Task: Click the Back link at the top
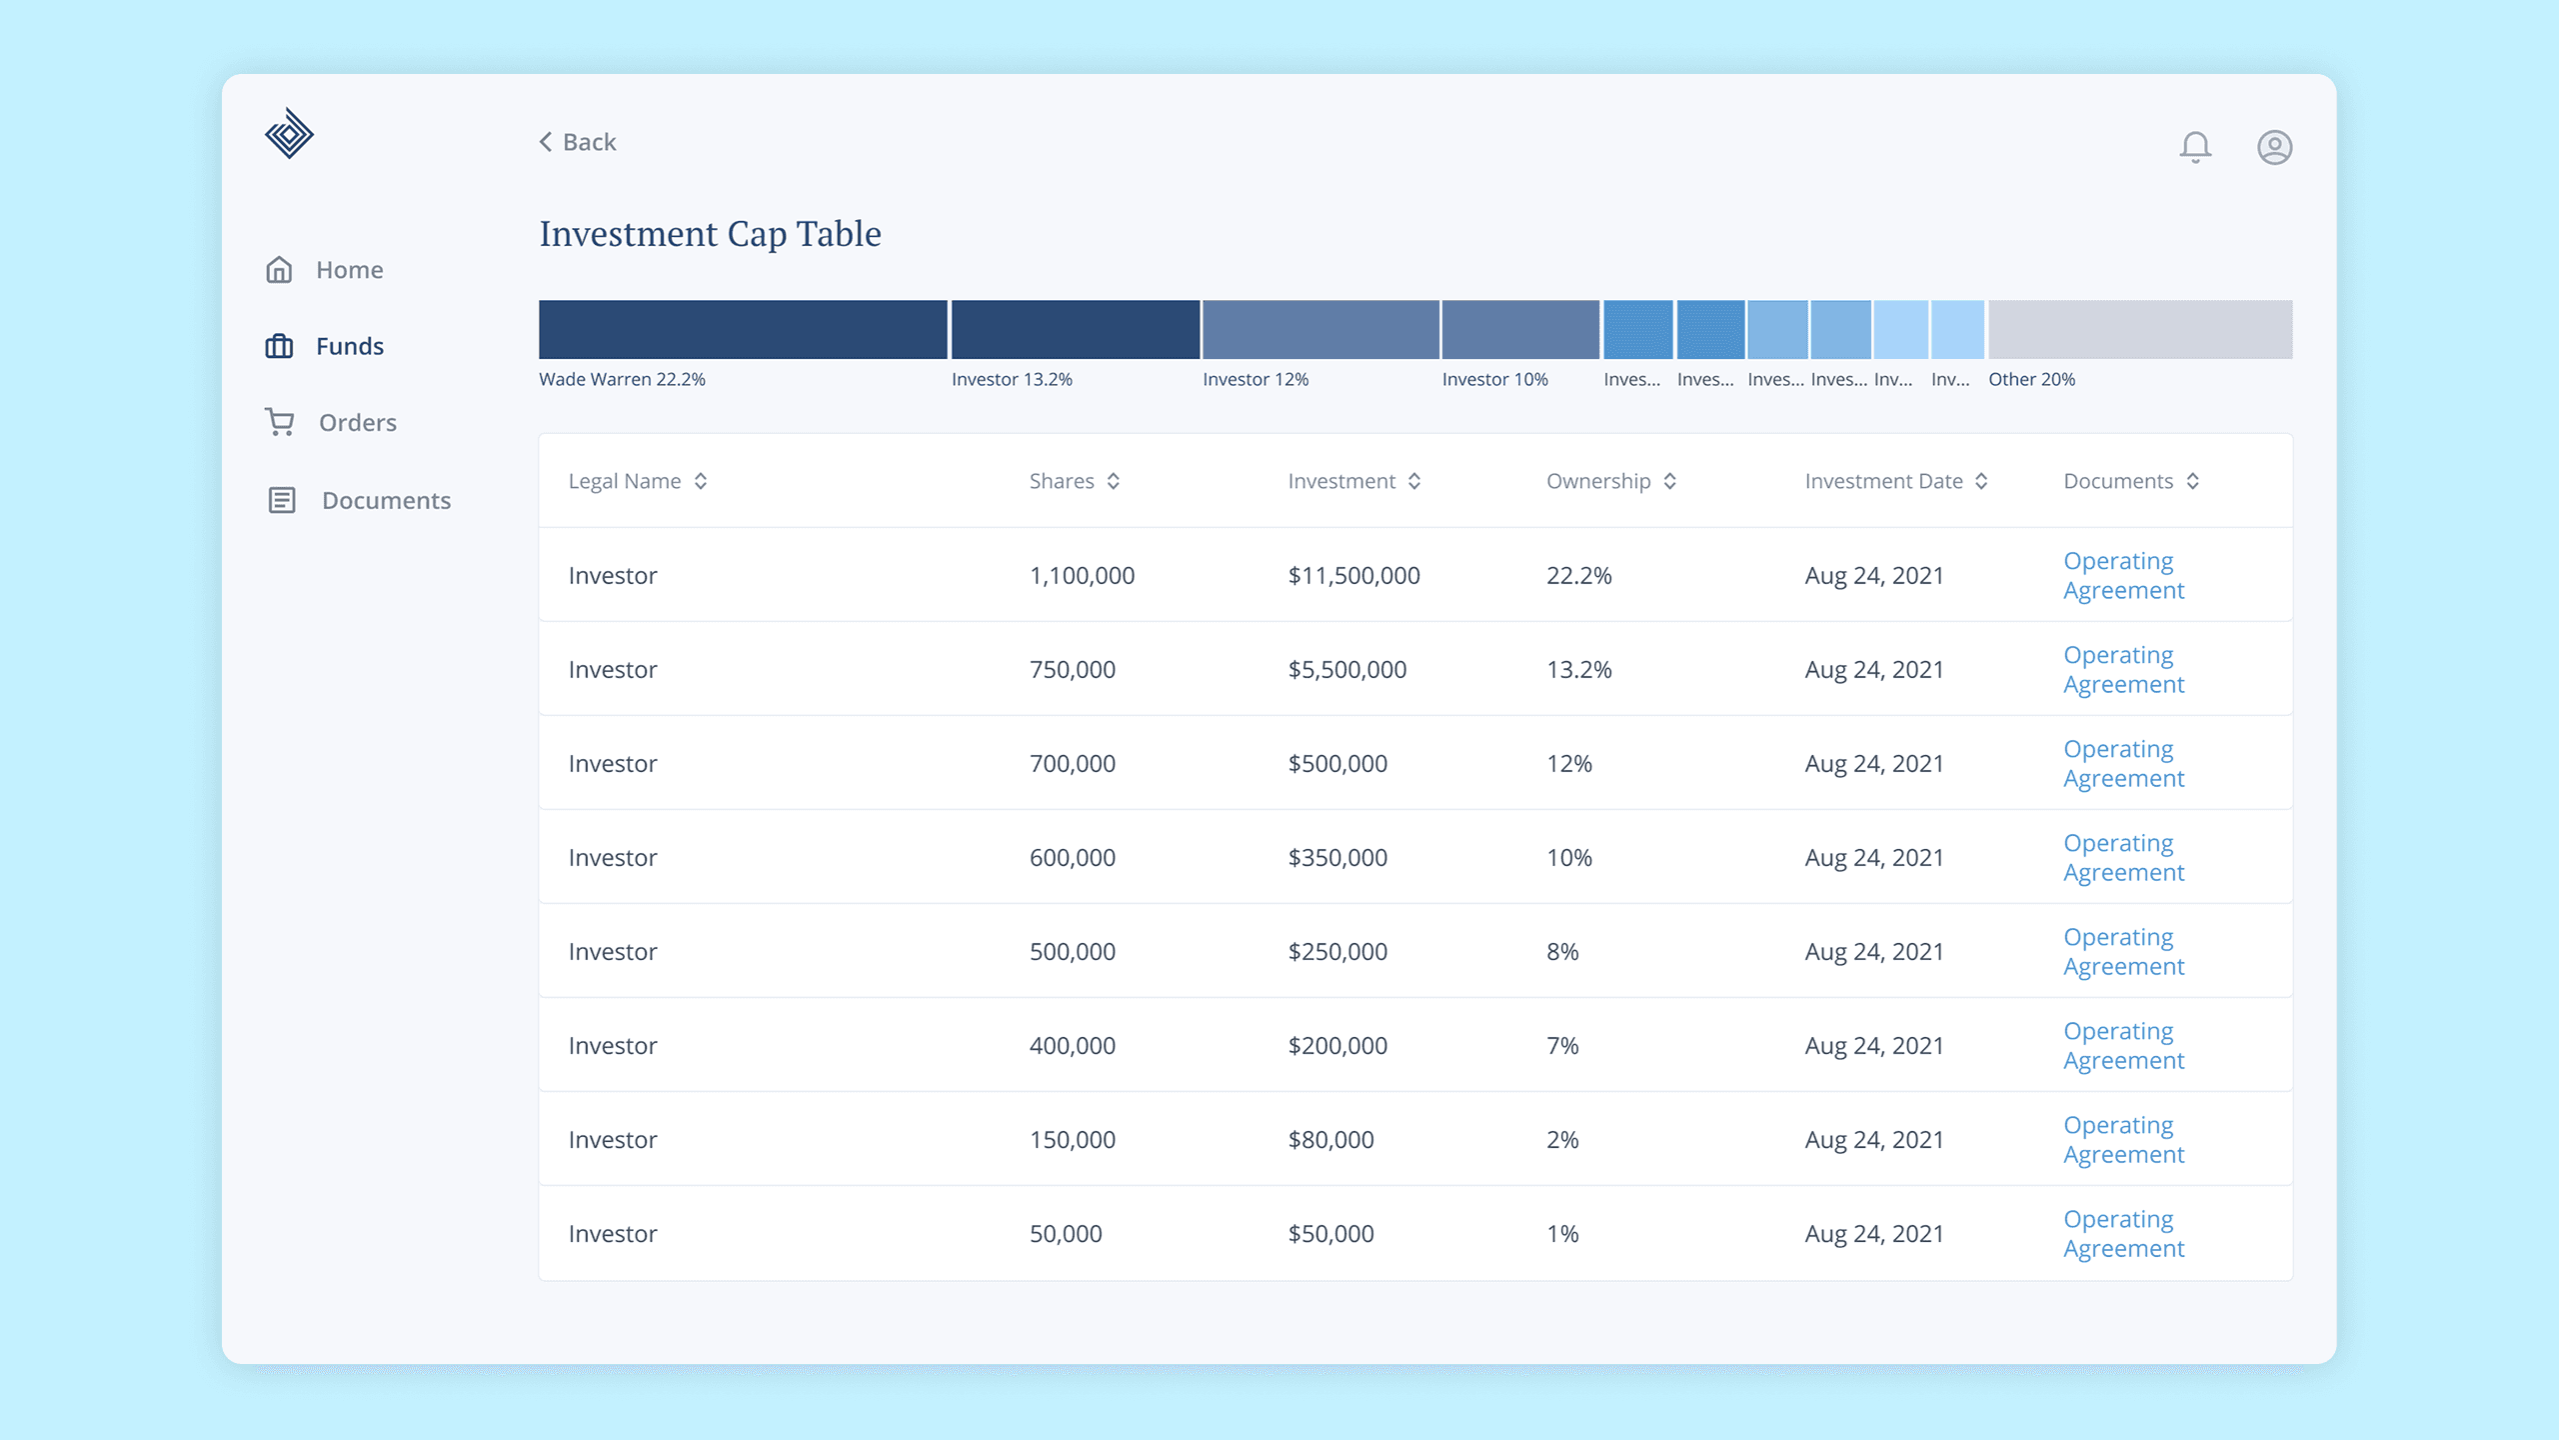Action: (578, 142)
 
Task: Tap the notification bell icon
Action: (2195, 147)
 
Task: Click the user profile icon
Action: (2274, 147)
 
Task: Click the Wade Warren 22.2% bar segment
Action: (743, 329)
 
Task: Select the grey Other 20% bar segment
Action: (2139, 329)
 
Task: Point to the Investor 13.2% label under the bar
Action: (1012, 380)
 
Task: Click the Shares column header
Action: (1062, 481)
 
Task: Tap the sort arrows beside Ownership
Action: (1669, 481)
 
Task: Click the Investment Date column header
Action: (1883, 481)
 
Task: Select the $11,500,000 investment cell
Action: (1353, 576)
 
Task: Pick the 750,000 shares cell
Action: (1072, 670)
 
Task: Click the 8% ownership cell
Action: (1562, 952)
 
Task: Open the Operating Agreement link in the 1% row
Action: (2123, 1234)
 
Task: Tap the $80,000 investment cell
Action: (1330, 1140)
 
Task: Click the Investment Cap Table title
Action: (710, 234)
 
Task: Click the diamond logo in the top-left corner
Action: (289, 134)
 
